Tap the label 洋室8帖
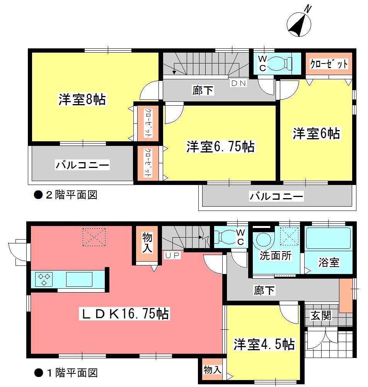pos(82,99)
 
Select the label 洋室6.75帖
pos(220,147)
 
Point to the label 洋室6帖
pos(316,134)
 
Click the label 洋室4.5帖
pos(264,344)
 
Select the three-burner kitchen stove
pos(44,279)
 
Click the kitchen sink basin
pos(79,279)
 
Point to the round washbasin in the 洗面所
pos(263,240)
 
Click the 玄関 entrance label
pos(321,315)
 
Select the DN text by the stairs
pos(238,83)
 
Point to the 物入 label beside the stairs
pos(147,243)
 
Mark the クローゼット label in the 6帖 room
pos(329,64)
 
